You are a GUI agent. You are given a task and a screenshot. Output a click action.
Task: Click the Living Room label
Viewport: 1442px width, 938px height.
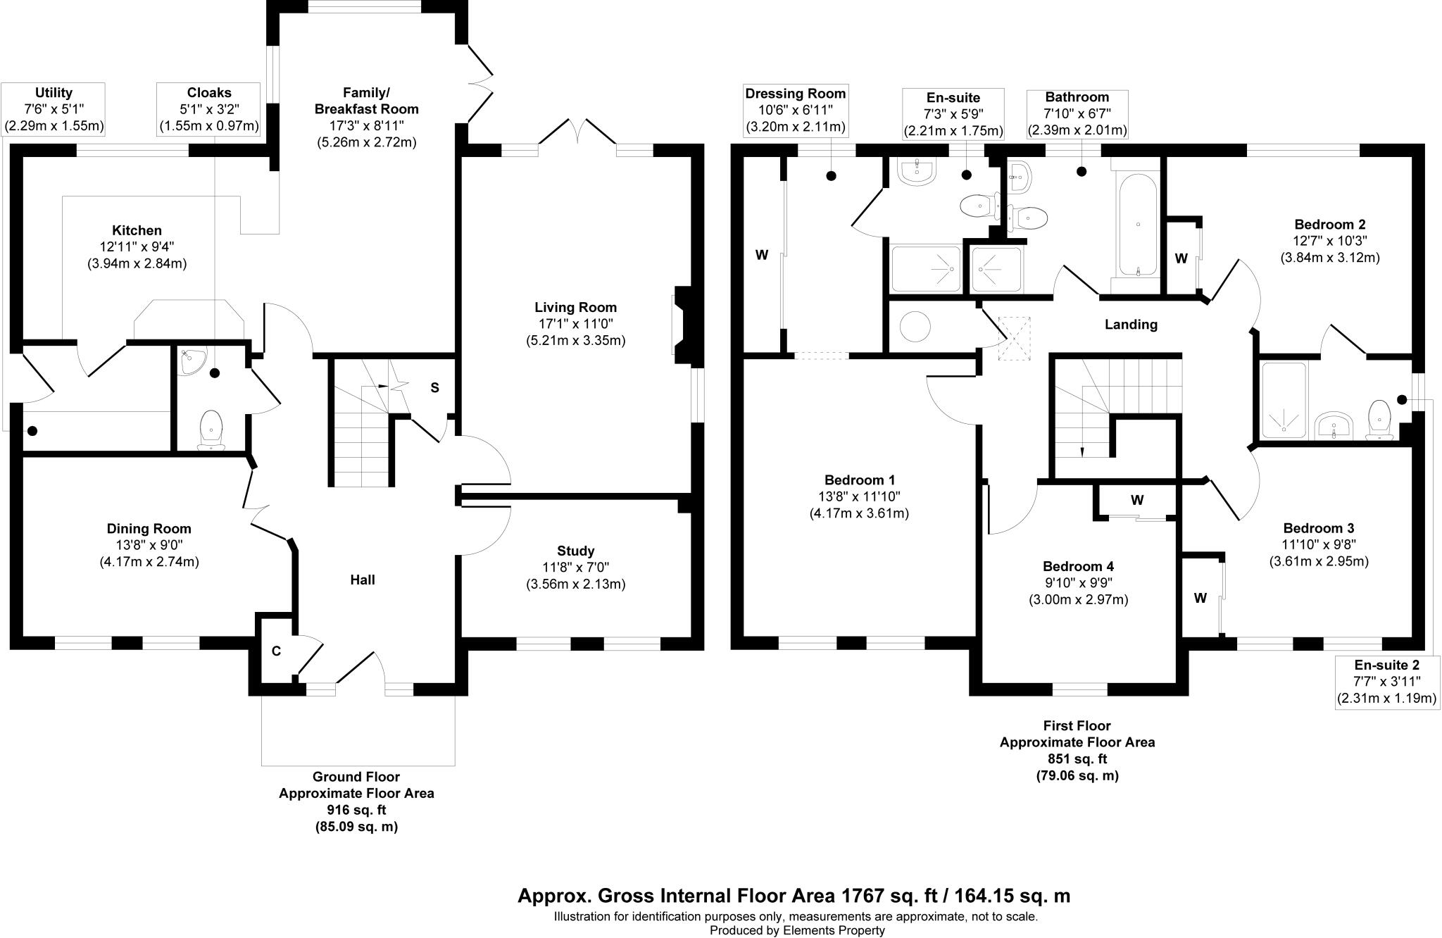[575, 307]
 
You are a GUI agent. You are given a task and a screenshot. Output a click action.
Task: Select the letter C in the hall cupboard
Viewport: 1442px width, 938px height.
[276, 651]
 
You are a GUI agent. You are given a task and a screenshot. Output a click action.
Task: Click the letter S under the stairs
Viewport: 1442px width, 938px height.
[434, 387]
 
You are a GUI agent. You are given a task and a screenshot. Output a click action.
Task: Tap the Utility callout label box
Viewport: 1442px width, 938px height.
[54, 110]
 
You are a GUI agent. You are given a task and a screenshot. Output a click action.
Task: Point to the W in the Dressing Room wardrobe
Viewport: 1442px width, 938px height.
[761, 255]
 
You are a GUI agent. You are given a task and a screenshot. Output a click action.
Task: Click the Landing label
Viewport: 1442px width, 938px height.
[1131, 325]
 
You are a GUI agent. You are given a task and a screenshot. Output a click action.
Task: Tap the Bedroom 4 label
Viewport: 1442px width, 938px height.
[1078, 566]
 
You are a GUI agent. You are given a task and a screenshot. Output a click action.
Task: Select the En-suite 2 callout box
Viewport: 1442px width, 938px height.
[1386, 682]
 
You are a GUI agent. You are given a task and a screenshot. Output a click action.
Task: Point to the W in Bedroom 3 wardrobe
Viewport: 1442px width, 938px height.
[1200, 598]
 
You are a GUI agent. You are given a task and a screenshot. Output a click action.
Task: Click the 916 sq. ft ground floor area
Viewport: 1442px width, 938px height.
[356, 810]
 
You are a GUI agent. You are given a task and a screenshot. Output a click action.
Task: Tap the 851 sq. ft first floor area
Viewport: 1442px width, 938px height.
[1077, 758]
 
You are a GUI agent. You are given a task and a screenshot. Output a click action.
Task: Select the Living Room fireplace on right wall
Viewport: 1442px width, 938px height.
[682, 324]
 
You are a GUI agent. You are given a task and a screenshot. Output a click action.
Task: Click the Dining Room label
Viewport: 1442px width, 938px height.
[149, 528]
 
